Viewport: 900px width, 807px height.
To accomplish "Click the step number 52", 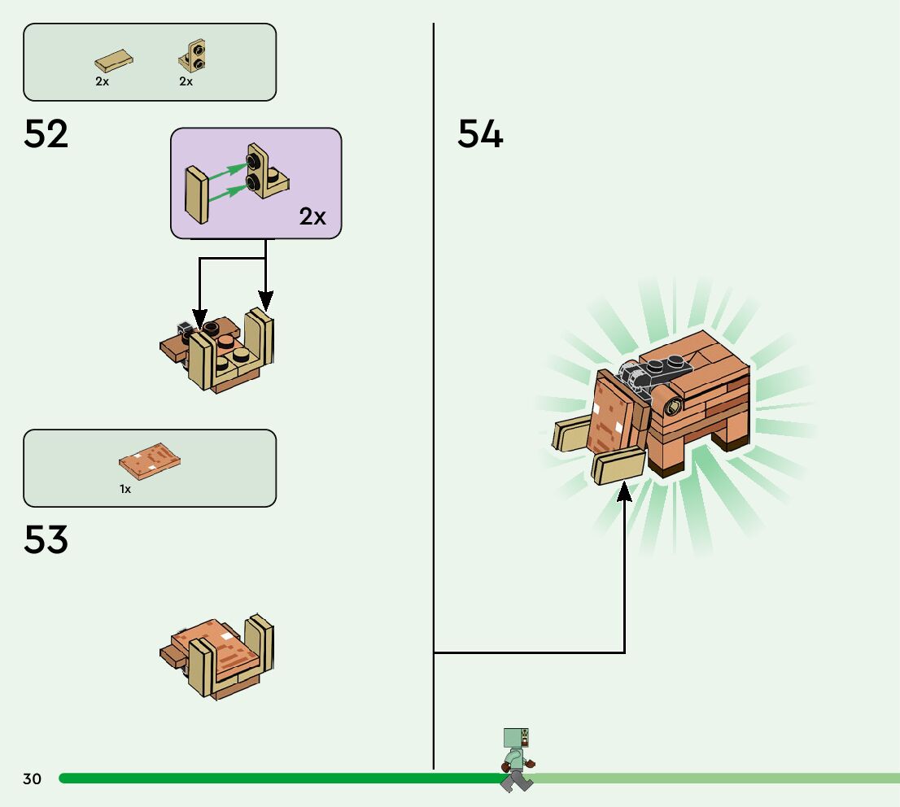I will coord(46,134).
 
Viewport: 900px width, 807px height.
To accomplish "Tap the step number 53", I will coord(46,539).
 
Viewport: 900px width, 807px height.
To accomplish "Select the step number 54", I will coord(480,134).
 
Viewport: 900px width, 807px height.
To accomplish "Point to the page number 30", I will coord(32,779).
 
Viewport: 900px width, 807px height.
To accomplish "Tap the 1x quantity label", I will coord(125,490).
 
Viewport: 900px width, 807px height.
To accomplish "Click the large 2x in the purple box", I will coord(312,216).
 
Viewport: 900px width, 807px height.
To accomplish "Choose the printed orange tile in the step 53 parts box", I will coord(149,461).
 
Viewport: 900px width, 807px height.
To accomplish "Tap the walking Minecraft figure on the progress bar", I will coord(517,760).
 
